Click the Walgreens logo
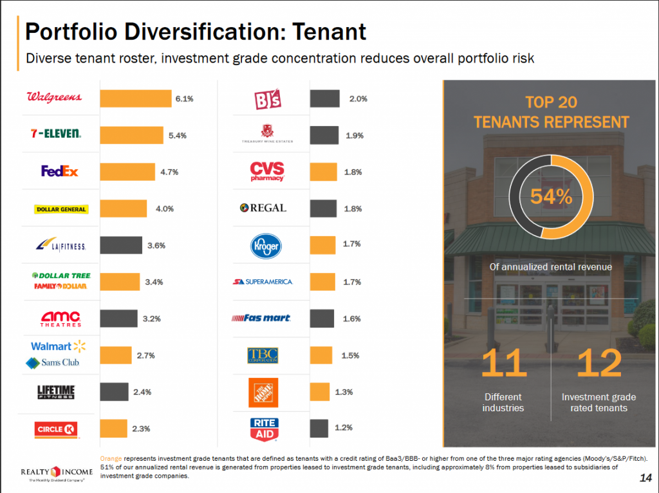(x=54, y=97)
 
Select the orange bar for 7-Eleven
(x=132, y=135)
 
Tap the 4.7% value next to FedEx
(x=169, y=172)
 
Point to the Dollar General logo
(x=61, y=209)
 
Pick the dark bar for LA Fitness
(x=121, y=245)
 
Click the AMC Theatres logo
(x=61, y=319)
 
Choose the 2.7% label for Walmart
(x=145, y=355)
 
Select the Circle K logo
(x=59, y=428)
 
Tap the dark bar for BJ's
(x=324, y=98)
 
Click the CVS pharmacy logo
(x=267, y=172)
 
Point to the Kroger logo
(x=266, y=245)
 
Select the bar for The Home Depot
(x=319, y=392)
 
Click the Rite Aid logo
(x=264, y=428)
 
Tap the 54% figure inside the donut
(x=551, y=197)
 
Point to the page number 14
(x=645, y=478)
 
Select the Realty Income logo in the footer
(x=57, y=475)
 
